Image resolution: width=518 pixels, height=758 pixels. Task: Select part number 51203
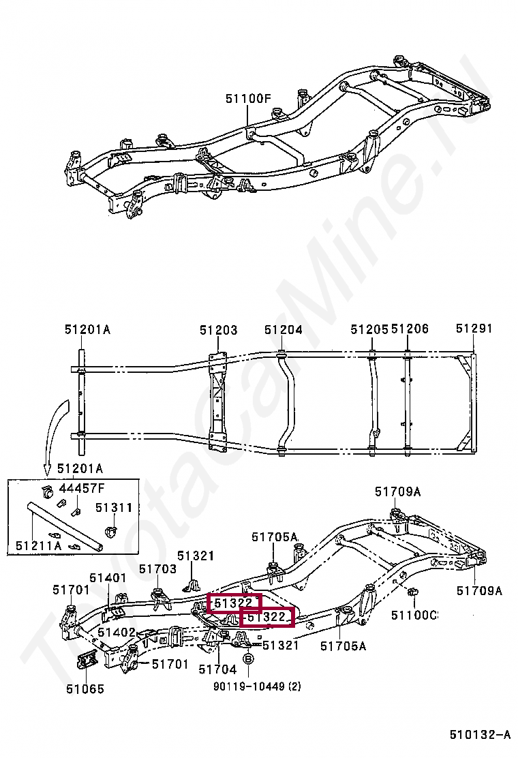click(218, 330)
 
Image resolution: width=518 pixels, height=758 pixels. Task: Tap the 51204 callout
click(283, 330)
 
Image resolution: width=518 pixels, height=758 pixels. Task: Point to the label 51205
click(369, 329)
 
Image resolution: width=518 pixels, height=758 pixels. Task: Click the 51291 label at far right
click(474, 329)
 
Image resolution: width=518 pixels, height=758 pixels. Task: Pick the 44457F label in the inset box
click(82, 487)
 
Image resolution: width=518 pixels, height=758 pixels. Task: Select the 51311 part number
click(113, 508)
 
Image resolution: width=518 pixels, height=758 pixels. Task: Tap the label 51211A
click(39, 545)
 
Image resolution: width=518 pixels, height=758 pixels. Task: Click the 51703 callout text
click(157, 568)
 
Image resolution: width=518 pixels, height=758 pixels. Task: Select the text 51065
click(85, 688)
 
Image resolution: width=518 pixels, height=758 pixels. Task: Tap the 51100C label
click(414, 615)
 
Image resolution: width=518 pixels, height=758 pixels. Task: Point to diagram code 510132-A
click(479, 735)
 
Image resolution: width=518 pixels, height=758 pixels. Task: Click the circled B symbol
click(249, 658)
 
